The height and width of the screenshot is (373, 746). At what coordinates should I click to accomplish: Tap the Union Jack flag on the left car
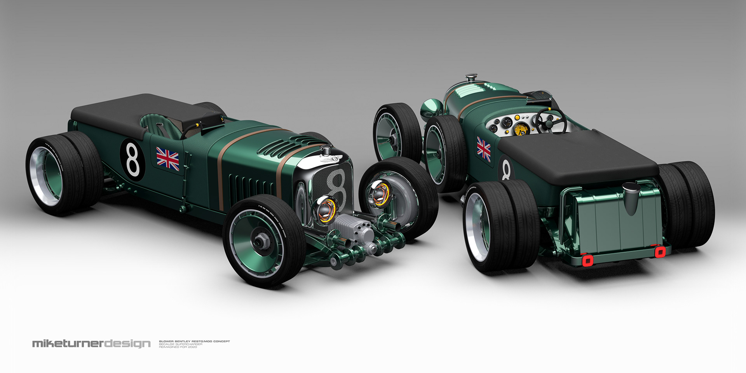(x=167, y=158)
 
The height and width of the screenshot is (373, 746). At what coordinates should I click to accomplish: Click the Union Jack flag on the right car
(x=484, y=149)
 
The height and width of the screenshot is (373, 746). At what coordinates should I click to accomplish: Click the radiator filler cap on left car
(x=326, y=149)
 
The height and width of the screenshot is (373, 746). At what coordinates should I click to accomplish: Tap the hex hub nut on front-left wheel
(x=259, y=241)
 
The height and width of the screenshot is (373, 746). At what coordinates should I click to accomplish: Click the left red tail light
(x=587, y=260)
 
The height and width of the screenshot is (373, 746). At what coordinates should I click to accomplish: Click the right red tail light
(x=660, y=251)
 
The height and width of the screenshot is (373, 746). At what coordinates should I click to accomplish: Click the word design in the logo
(x=127, y=344)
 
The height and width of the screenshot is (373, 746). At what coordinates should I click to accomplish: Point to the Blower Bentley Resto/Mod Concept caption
(x=194, y=341)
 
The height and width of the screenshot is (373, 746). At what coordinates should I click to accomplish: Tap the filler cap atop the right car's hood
(x=472, y=78)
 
